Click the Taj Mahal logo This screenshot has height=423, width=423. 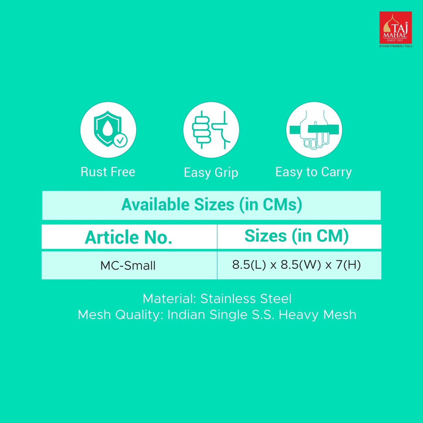click(395, 28)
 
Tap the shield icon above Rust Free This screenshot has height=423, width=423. click(107, 129)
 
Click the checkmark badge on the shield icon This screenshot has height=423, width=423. click(120, 140)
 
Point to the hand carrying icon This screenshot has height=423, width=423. click(314, 130)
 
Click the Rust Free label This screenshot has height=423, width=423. click(108, 172)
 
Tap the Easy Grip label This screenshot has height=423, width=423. click(211, 173)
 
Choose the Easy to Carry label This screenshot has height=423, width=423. click(314, 172)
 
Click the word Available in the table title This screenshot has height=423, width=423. click(155, 205)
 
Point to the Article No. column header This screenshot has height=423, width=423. click(129, 237)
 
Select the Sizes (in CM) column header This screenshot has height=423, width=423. click(297, 236)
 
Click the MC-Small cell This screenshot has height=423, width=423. click(128, 266)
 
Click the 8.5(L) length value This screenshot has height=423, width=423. click(249, 265)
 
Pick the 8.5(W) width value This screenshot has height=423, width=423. click(301, 265)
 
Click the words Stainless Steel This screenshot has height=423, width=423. click(246, 299)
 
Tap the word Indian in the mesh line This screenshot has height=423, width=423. click(186, 315)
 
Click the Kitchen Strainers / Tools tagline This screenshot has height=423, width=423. click(395, 46)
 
